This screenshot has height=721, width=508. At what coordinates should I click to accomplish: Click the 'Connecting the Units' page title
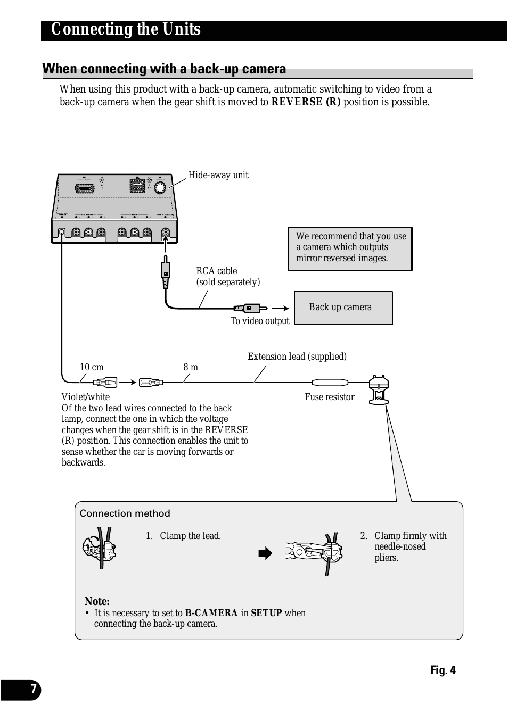(x=126, y=29)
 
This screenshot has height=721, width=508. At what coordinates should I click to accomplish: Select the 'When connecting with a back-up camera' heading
(x=164, y=69)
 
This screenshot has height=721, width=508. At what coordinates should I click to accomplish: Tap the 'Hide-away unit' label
(x=218, y=175)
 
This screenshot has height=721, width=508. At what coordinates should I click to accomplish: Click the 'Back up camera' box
(x=343, y=308)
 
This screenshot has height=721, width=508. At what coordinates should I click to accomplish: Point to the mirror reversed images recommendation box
(x=350, y=248)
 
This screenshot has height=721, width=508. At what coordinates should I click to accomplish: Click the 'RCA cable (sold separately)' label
(x=227, y=276)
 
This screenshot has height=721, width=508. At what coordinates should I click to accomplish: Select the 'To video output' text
(x=259, y=321)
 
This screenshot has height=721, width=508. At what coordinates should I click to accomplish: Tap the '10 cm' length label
(x=92, y=367)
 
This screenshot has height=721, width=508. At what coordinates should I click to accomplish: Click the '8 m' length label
(x=191, y=367)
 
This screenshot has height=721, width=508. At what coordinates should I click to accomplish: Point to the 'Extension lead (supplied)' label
(x=297, y=357)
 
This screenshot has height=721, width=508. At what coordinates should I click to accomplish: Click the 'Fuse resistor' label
(x=329, y=397)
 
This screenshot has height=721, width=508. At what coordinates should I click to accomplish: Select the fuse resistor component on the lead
(x=330, y=382)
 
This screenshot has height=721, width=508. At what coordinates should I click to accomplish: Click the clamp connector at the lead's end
(x=379, y=389)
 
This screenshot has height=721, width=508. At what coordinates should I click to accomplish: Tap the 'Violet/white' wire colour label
(x=86, y=397)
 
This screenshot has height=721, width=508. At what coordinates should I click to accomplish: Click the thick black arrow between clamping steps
(x=265, y=553)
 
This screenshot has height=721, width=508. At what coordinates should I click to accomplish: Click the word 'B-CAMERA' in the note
(x=211, y=613)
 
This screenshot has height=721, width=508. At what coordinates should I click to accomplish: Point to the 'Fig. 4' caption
(x=443, y=670)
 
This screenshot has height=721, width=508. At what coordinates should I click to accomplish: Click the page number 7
(x=33, y=690)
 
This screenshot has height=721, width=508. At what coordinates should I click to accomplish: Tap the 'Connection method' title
(x=125, y=513)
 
